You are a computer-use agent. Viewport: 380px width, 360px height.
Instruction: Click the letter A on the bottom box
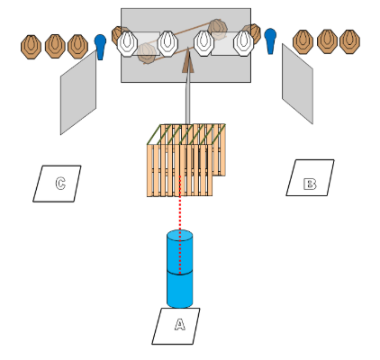pos(180,325)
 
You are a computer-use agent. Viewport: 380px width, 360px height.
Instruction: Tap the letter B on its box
pos(310,184)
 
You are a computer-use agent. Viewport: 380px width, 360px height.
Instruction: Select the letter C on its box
pos(60,184)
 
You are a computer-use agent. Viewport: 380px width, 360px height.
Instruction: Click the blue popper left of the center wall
pos(100,47)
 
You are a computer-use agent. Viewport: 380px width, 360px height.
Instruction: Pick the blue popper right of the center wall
pos(270,41)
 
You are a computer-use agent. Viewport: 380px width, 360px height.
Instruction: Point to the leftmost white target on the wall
pos(128,43)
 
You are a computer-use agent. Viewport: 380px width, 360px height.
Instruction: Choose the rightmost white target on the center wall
pos(243,43)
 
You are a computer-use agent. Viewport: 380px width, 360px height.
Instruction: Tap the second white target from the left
pos(167,43)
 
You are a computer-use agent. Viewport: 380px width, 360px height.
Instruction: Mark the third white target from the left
pos(204,43)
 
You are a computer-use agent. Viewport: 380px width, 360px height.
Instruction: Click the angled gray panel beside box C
pos(78,92)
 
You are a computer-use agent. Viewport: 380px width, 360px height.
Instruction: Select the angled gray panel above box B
pos(297,84)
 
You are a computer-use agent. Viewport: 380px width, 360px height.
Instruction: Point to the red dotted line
pos(180,225)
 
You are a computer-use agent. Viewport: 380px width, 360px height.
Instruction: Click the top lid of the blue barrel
pos(180,236)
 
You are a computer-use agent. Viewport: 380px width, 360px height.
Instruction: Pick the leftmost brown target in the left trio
pos(31,47)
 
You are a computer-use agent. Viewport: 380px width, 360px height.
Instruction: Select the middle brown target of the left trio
pos(55,46)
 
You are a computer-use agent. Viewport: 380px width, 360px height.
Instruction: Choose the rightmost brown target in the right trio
pos(350,41)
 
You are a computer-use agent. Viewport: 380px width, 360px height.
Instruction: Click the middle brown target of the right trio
pos(327,41)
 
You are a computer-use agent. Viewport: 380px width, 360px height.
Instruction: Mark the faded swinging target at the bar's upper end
pos(218,29)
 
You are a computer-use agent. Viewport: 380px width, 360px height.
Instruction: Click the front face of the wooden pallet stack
pos(179,170)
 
